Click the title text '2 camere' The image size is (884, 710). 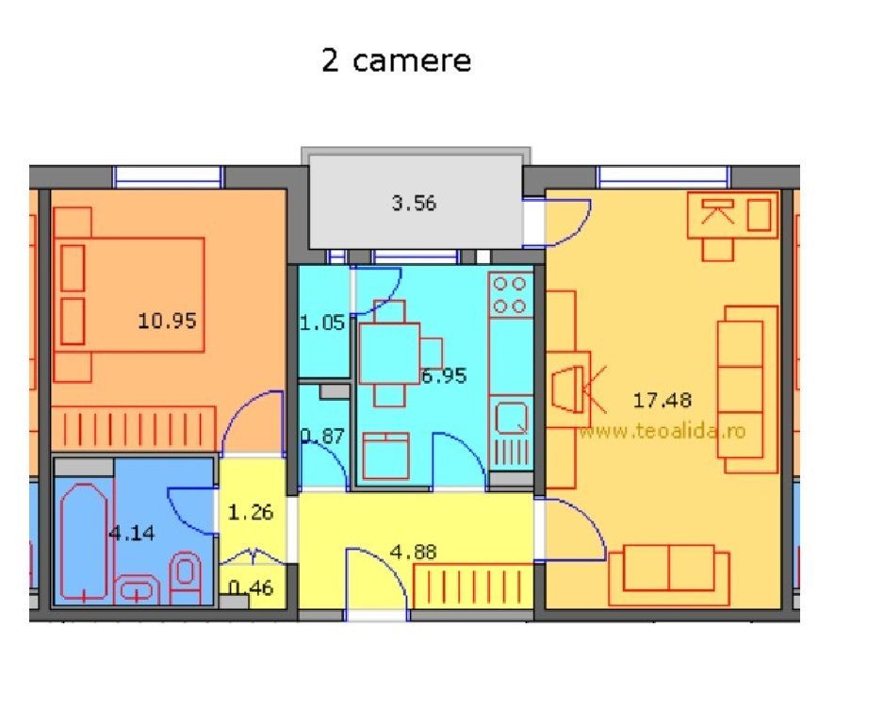pyautogui.click(x=396, y=61)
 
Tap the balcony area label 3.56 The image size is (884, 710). pyautogui.click(x=414, y=203)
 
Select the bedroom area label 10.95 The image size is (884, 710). pyautogui.click(x=167, y=321)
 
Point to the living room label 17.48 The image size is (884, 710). pyautogui.click(x=662, y=400)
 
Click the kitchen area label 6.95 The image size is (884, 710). pyautogui.click(x=444, y=376)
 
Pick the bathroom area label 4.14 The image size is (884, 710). pyautogui.click(x=131, y=533)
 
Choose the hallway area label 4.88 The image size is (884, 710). pyautogui.click(x=414, y=553)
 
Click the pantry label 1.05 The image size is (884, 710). pyautogui.click(x=323, y=323)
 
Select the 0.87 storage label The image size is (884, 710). pyautogui.click(x=321, y=436)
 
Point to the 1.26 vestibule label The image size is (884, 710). pyautogui.click(x=251, y=514)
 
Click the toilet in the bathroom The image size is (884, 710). pyautogui.click(x=187, y=575)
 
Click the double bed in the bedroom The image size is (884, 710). pyautogui.click(x=129, y=294)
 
